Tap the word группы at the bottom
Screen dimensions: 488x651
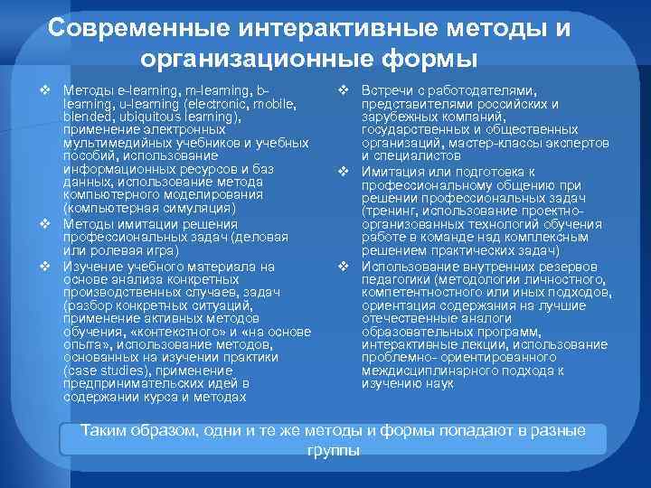333,450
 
